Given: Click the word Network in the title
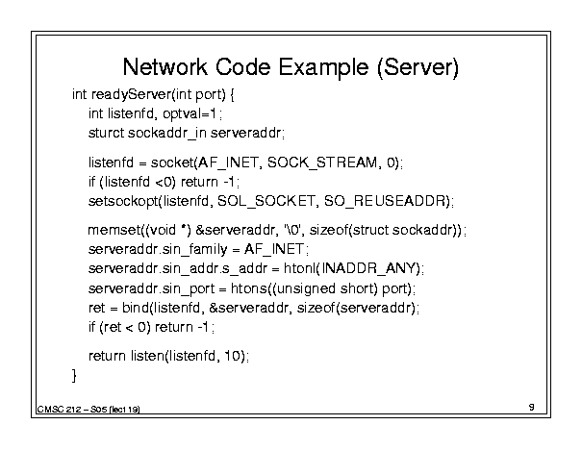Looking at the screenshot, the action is point(164,67).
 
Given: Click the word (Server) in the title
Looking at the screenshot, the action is point(418,68).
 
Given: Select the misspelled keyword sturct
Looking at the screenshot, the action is point(106,133).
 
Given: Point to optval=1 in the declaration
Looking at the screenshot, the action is point(190,113).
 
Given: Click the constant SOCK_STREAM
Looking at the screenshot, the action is point(322,162).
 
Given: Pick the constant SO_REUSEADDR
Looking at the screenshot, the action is point(385,201).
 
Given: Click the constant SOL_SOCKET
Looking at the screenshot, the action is point(266,201).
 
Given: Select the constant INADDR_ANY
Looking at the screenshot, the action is point(367,268).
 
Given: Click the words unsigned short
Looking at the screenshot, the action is point(324,288).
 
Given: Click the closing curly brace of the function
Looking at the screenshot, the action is point(74,375).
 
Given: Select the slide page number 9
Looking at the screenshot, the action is point(532,407).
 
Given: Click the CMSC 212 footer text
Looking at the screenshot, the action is point(59,410).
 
